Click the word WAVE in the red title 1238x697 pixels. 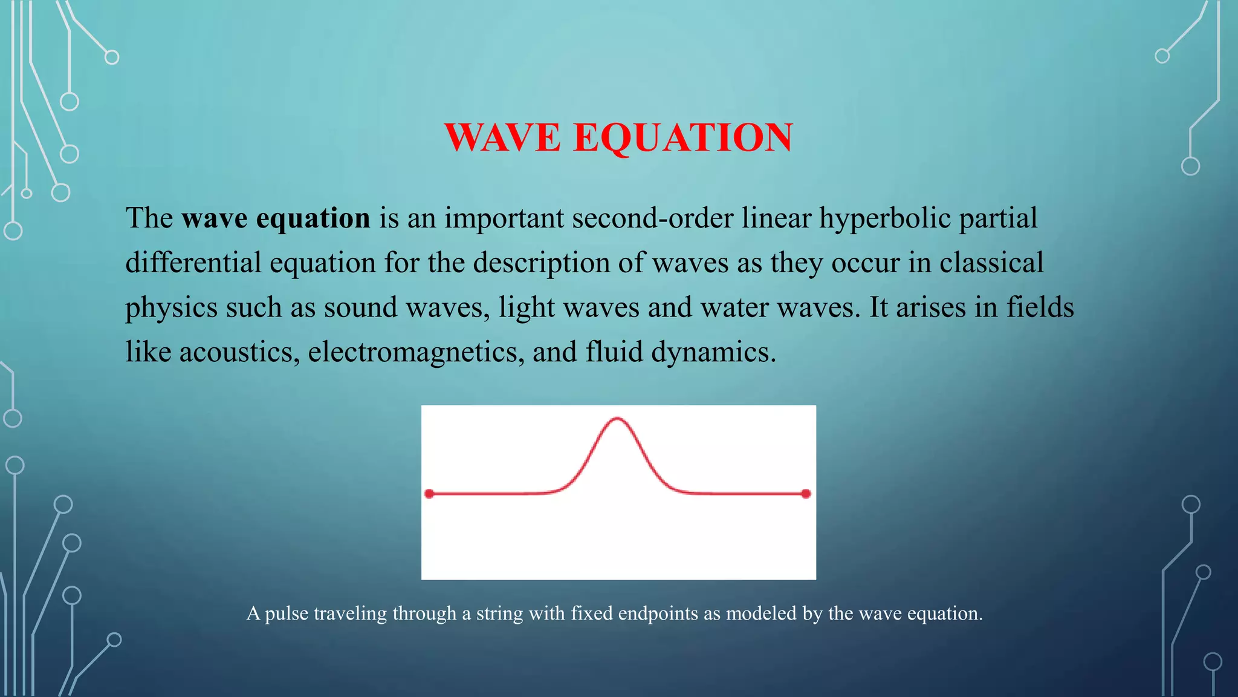[x=503, y=137]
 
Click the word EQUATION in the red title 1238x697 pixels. [x=683, y=137]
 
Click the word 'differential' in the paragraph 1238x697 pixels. [x=193, y=263]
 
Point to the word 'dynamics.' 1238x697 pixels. [x=713, y=352]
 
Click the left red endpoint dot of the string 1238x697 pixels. [x=429, y=494]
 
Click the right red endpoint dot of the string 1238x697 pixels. [x=806, y=494]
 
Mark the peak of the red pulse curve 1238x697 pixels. [x=617, y=418]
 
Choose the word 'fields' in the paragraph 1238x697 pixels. [x=1040, y=307]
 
